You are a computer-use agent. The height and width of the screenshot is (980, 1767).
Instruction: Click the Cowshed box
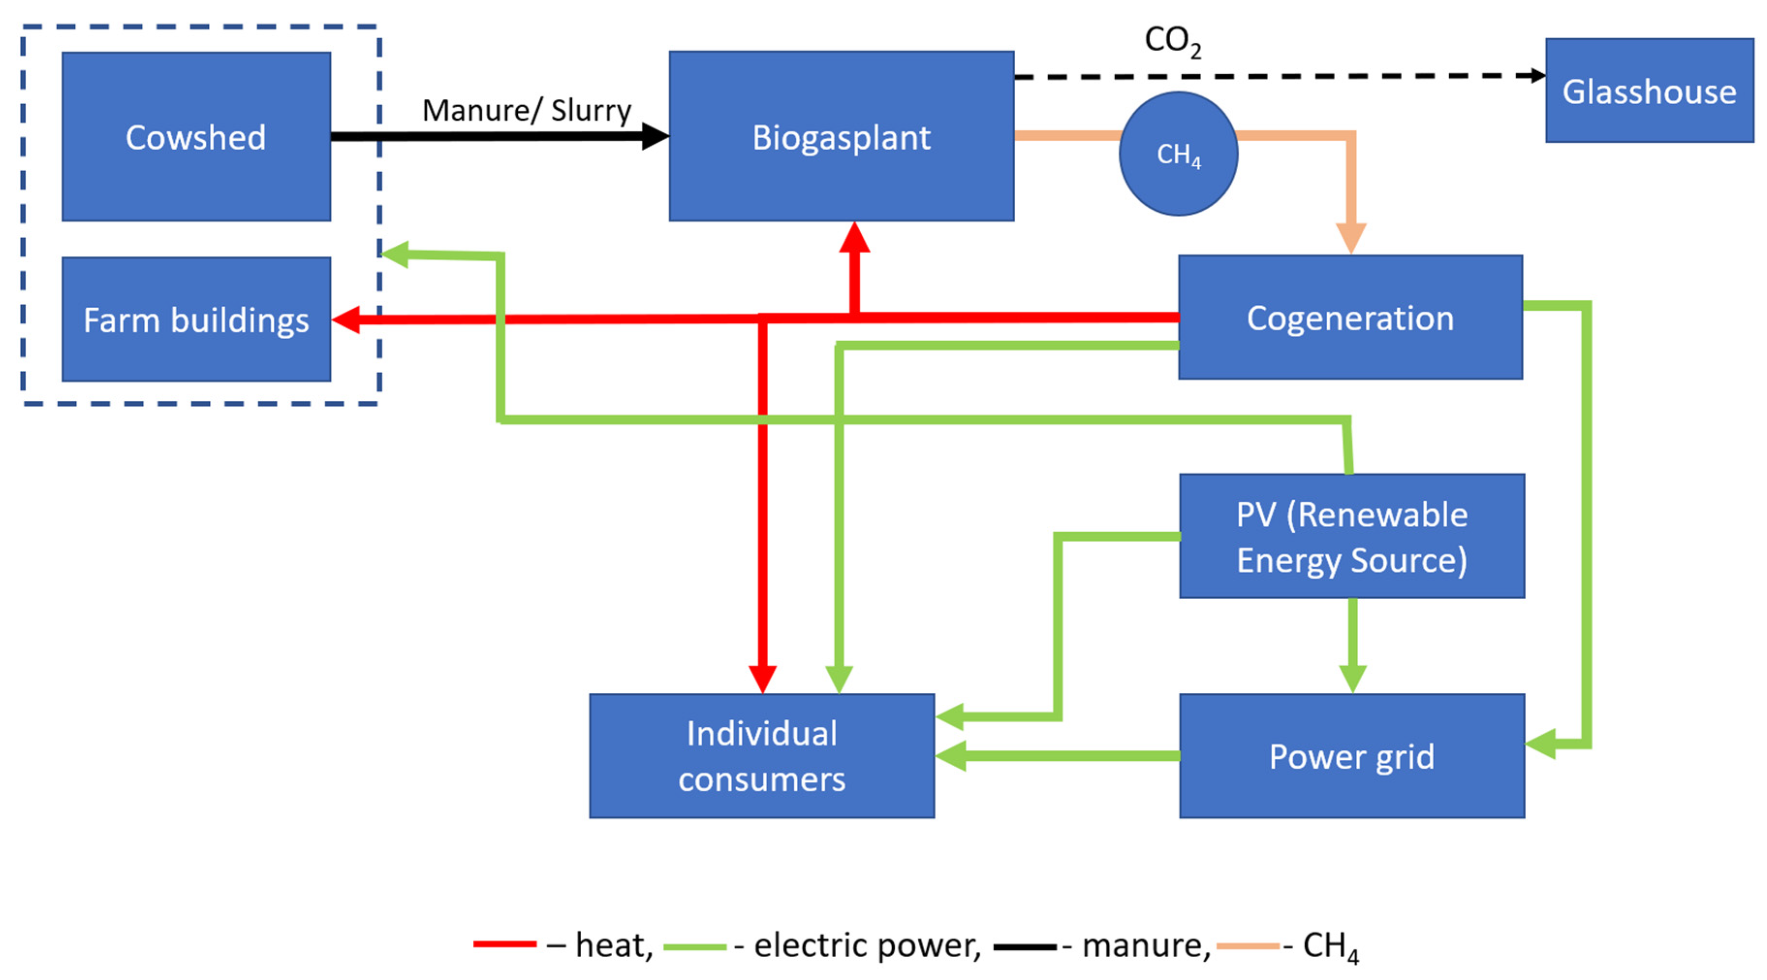[196, 137]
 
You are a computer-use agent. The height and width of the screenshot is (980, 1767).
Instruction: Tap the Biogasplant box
[841, 137]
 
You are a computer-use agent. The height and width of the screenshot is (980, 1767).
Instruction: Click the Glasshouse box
[1649, 91]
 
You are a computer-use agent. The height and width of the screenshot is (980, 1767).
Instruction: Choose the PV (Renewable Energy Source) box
[1351, 536]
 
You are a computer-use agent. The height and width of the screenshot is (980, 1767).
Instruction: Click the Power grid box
[1351, 756]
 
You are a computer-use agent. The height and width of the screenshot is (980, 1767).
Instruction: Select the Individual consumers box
[761, 756]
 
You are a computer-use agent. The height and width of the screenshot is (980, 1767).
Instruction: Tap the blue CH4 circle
[1178, 154]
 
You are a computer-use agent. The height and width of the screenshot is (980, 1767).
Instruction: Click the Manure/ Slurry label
[526, 111]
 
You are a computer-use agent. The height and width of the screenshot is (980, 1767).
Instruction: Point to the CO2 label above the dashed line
[1172, 41]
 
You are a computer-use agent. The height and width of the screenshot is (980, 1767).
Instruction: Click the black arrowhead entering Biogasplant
[654, 136]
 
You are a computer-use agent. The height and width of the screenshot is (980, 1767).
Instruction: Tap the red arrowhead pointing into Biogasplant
[855, 237]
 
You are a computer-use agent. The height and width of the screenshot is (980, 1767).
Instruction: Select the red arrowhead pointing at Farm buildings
[346, 320]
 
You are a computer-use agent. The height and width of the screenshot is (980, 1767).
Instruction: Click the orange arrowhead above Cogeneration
[1350, 238]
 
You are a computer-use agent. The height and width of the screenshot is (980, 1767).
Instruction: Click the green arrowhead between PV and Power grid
[1352, 678]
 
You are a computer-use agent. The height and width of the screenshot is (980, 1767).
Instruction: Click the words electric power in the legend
[867, 945]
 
